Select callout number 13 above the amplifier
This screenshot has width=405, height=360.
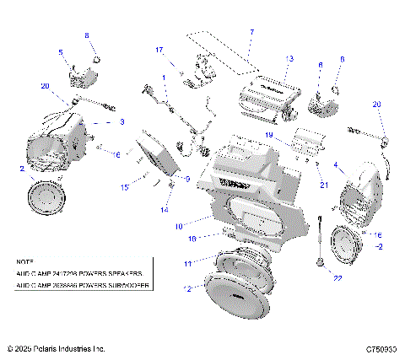point(289,58)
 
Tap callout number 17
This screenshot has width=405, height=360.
point(159,50)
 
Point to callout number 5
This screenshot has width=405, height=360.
point(60,52)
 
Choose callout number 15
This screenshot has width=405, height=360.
point(125,186)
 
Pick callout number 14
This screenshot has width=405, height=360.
point(165,209)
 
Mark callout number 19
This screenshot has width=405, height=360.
point(269,135)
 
